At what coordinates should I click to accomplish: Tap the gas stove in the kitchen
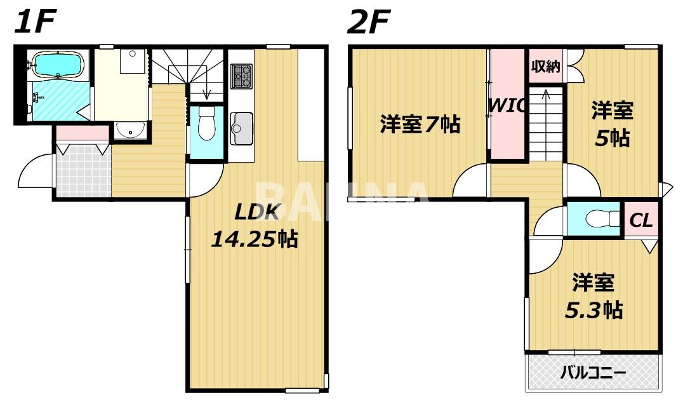click(x=241, y=76)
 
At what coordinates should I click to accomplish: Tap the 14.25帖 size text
click(x=253, y=239)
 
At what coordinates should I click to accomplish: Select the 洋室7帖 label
click(x=420, y=125)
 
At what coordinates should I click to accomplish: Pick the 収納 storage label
click(x=545, y=65)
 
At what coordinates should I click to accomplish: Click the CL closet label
click(x=641, y=221)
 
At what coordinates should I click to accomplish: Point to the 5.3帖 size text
click(x=593, y=310)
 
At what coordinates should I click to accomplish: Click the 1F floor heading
click(x=37, y=23)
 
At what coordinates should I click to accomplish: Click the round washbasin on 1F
click(x=131, y=131)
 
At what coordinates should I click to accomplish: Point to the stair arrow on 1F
click(x=207, y=93)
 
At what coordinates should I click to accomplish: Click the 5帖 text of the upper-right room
click(x=612, y=137)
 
